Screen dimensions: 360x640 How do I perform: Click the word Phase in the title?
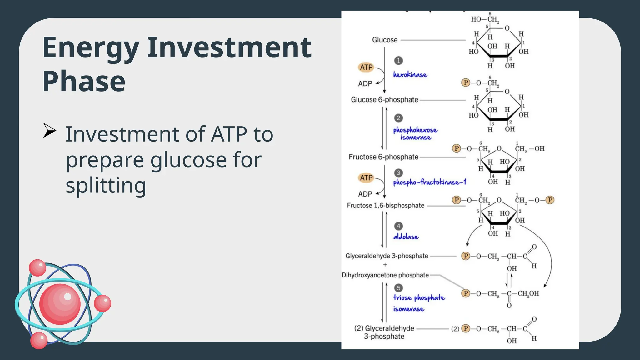pyautogui.click(x=84, y=81)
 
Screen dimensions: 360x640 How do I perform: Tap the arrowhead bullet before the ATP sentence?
pyautogui.click(x=49, y=130)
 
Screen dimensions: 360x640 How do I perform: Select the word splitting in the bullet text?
pyautogui.click(x=106, y=185)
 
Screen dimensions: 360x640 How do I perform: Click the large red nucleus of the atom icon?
pyautogui.click(x=60, y=304)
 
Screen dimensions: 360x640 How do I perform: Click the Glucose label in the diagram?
pyautogui.click(x=385, y=40)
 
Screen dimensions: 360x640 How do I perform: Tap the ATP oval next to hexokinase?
pyautogui.click(x=366, y=67)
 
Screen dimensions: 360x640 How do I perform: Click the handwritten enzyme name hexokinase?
pyautogui.click(x=410, y=75)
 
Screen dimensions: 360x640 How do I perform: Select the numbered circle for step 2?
pyautogui.click(x=398, y=118)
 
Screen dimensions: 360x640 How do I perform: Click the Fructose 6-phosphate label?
pyautogui.click(x=383, y=157)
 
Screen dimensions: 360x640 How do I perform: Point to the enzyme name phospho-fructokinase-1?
pyautogui.click(x=429, y=182)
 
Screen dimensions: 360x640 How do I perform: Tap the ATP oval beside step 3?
pyautogui.click(x=366, y=178)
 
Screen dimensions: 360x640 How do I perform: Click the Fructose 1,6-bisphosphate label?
pyautogui.click(x=386, y=206)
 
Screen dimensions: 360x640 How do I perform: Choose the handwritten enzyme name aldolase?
pyautogui.click(x=406, y=237)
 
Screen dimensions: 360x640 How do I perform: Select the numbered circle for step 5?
pyautogui.click(x=398, y=288)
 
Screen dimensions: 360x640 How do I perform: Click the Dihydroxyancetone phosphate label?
pyautogui.click(x=385, y=275)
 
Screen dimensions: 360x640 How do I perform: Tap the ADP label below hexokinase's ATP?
pyautogui.click(x=365, y=84)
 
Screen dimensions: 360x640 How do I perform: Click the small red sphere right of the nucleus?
pyautogui.click(x=102, y=303)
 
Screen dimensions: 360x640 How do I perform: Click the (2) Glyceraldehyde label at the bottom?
pyautogui.click(x=384, y=329)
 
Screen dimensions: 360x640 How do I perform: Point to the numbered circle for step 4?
pyautogui.click(x=398, y=226)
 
